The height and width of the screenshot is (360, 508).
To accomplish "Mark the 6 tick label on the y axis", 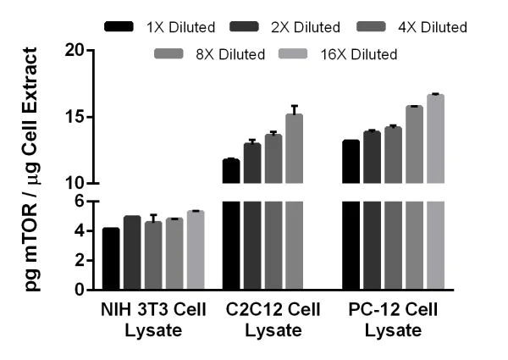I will click(84, 201).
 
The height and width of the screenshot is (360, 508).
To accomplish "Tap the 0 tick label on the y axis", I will click(84, 290).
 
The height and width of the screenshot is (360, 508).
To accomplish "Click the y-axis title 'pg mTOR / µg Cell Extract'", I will click(32, 169).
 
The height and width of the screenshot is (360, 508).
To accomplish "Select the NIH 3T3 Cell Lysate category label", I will click(154, 321).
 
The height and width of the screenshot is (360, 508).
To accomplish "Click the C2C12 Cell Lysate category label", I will click(273, 321).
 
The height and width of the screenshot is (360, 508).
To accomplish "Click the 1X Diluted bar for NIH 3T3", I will click(111, 259).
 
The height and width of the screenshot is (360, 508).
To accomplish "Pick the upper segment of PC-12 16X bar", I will click(435, 139).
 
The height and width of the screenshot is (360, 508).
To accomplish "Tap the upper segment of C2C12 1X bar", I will click(230, 171).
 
